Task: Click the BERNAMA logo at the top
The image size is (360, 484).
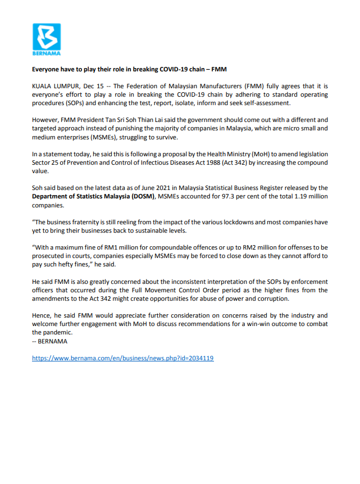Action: (47, 39)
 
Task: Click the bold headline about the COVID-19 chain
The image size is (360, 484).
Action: (129, 69)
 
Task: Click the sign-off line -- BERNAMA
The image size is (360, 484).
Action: (49, 341)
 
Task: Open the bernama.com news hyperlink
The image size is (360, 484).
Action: (123, 358)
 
